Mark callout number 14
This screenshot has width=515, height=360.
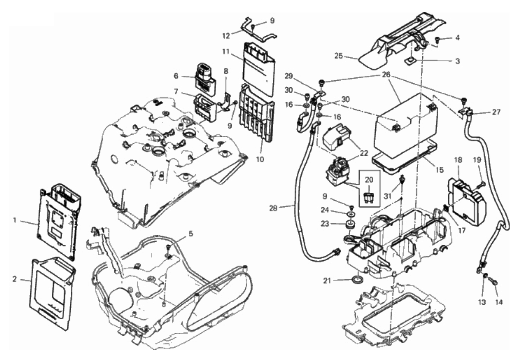[499, 303]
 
